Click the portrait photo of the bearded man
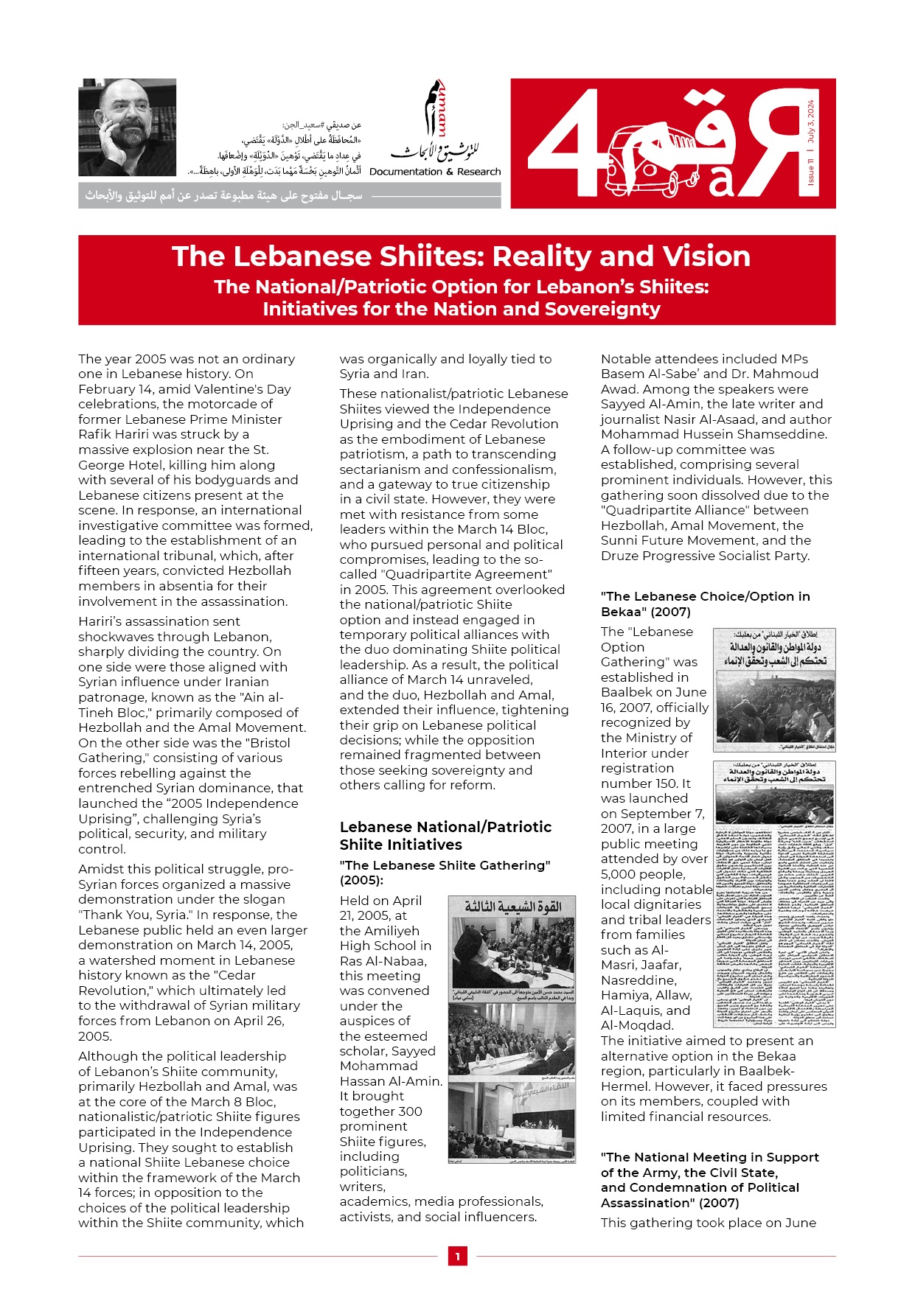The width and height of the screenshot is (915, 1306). coord(127,127)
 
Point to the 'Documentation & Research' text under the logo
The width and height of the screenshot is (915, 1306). coord(435,172)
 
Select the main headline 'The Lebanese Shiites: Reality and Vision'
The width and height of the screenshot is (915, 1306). coord(461,256)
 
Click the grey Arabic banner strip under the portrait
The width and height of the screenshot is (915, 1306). coord(289,196)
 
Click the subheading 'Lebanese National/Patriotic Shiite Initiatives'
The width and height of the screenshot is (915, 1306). coord(445,836)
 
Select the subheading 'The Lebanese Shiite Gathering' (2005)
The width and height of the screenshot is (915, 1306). coord(445,873)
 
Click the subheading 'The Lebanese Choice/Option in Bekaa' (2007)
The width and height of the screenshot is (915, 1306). coord(705,604)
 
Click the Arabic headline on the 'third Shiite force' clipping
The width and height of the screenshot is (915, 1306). coord(512,906)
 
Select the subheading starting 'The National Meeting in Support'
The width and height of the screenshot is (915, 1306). coord(709,1180)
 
